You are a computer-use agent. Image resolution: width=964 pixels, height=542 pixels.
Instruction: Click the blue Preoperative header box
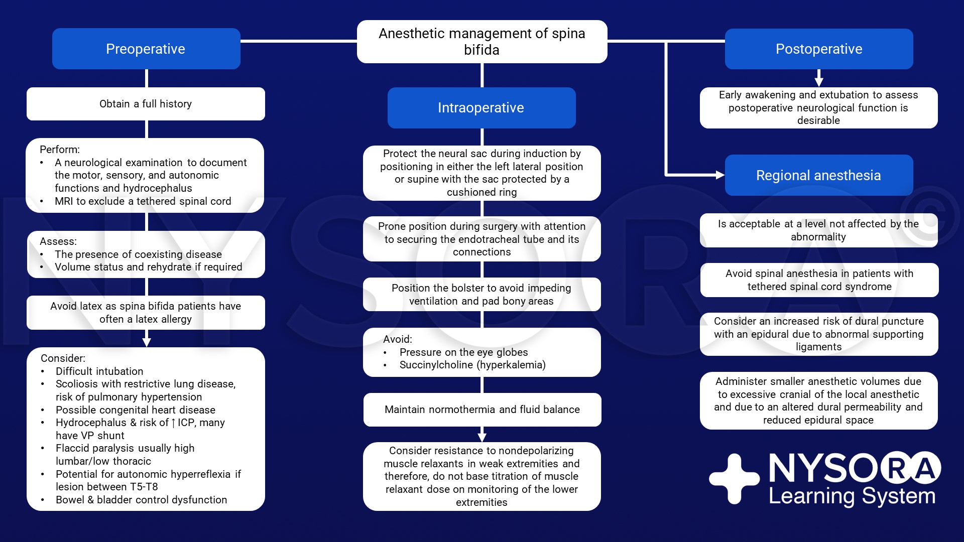(146, 49)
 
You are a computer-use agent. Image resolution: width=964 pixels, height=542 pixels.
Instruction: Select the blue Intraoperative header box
(481, 108)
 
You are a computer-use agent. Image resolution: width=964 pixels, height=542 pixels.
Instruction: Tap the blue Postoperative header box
(819, 49)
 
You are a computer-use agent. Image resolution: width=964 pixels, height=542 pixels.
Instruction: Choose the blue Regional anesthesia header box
(819, 175)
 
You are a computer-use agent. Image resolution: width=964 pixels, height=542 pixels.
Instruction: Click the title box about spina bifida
(482, 42)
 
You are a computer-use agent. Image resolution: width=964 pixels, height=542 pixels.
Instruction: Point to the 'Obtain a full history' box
(146, 104)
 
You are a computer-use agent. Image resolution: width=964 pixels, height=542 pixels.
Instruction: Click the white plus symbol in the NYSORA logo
(734, 478)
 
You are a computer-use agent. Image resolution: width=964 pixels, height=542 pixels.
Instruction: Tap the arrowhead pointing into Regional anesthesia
(720, 175)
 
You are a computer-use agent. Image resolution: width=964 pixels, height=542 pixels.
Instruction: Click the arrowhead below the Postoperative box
(819, 82)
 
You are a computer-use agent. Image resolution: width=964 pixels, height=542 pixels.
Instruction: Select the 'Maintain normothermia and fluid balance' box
(482, 410)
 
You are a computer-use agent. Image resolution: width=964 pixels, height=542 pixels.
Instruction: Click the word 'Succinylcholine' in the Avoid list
(436, 365)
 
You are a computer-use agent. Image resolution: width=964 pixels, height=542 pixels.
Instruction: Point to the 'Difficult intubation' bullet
(99, 371)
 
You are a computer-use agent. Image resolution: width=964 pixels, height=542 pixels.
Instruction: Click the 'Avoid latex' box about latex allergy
(146, 313)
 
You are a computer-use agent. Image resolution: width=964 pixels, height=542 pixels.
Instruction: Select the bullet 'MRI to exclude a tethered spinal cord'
(143, 201)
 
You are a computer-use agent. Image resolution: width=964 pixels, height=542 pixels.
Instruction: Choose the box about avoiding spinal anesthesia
(819, 280)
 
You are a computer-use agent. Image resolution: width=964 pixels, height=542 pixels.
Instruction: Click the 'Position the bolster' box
(482, 295)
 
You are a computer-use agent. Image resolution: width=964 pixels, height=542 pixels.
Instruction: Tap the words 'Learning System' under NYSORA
(852, 496)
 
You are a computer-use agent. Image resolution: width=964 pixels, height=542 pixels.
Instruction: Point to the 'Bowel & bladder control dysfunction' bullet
(142, 500)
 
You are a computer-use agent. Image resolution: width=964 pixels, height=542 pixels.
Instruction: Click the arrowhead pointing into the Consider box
(147, 342)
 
